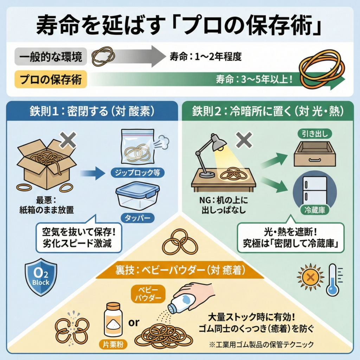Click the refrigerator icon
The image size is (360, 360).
click(314, 190)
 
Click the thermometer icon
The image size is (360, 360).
click(333, 280)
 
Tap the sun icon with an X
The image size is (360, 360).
click(310, 278)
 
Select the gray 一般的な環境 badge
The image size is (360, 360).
click(49, 57)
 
